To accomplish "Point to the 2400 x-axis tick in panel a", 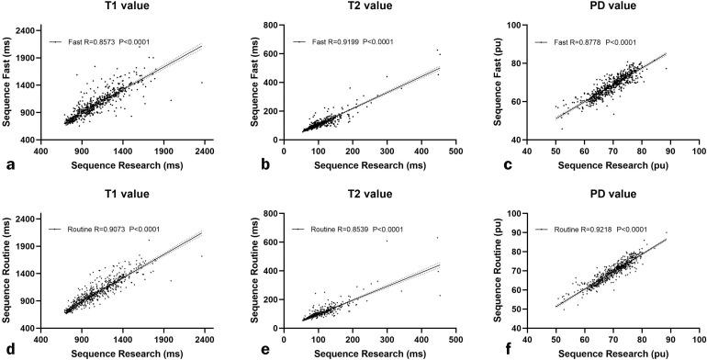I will pyautogui.click(x=204, y=151).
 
